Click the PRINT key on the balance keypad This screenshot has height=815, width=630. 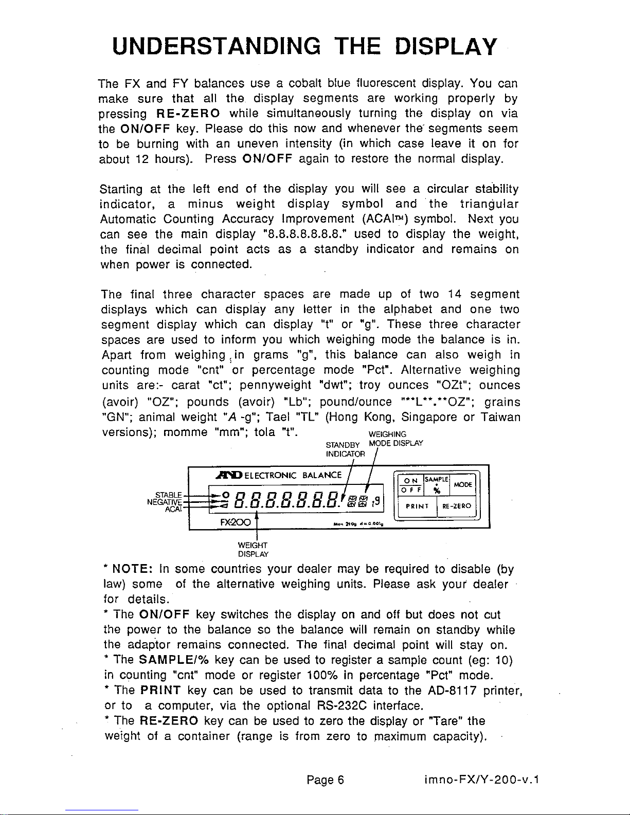[414, 506]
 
